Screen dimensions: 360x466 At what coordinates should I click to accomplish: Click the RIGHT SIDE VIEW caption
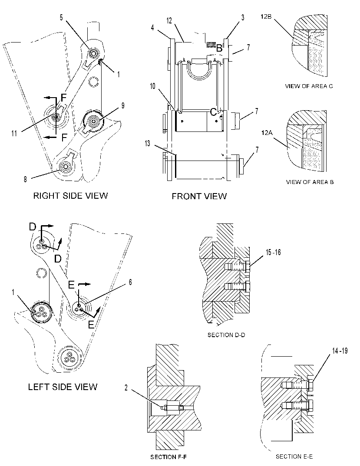point(70,196)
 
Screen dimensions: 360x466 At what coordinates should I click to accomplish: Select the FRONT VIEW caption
point(199,196)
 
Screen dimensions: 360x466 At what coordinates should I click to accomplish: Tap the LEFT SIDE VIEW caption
point(63,387)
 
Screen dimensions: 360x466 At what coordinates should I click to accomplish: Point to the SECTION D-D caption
point(226,335)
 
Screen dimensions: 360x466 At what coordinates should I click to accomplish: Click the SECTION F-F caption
point(168,457)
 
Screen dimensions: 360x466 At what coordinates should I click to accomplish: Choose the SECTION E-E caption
point(294,456)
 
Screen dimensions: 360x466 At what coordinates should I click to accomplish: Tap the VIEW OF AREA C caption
point(309,86)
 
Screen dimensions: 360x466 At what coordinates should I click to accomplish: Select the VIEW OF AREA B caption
point(310,182)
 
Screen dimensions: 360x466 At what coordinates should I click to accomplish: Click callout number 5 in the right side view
point(61,17)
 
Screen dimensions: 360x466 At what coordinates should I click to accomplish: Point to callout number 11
point(14,134)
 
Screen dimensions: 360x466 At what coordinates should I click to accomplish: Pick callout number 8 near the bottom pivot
point(25,179)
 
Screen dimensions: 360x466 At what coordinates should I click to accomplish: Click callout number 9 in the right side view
point(123,105)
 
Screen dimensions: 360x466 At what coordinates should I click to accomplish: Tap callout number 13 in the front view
point(147,144)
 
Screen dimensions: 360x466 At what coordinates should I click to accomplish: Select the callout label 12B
point(266,16)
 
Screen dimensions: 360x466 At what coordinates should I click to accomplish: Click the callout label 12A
point(267,133)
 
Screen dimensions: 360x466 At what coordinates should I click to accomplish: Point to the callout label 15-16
point(273,253)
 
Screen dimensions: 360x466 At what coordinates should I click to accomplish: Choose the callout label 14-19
point(340,351)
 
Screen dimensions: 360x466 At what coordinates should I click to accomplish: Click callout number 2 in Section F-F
point(126,387)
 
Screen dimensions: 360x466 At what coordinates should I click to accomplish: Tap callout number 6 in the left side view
point(130,282)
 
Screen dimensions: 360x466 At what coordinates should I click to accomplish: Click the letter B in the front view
point(219,48)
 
